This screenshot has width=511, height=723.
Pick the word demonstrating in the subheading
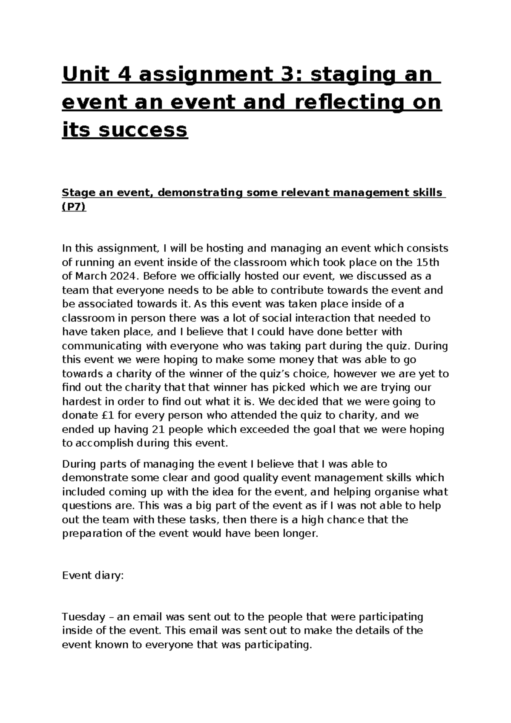click(200, 193)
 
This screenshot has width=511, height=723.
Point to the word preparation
click(91, 533)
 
